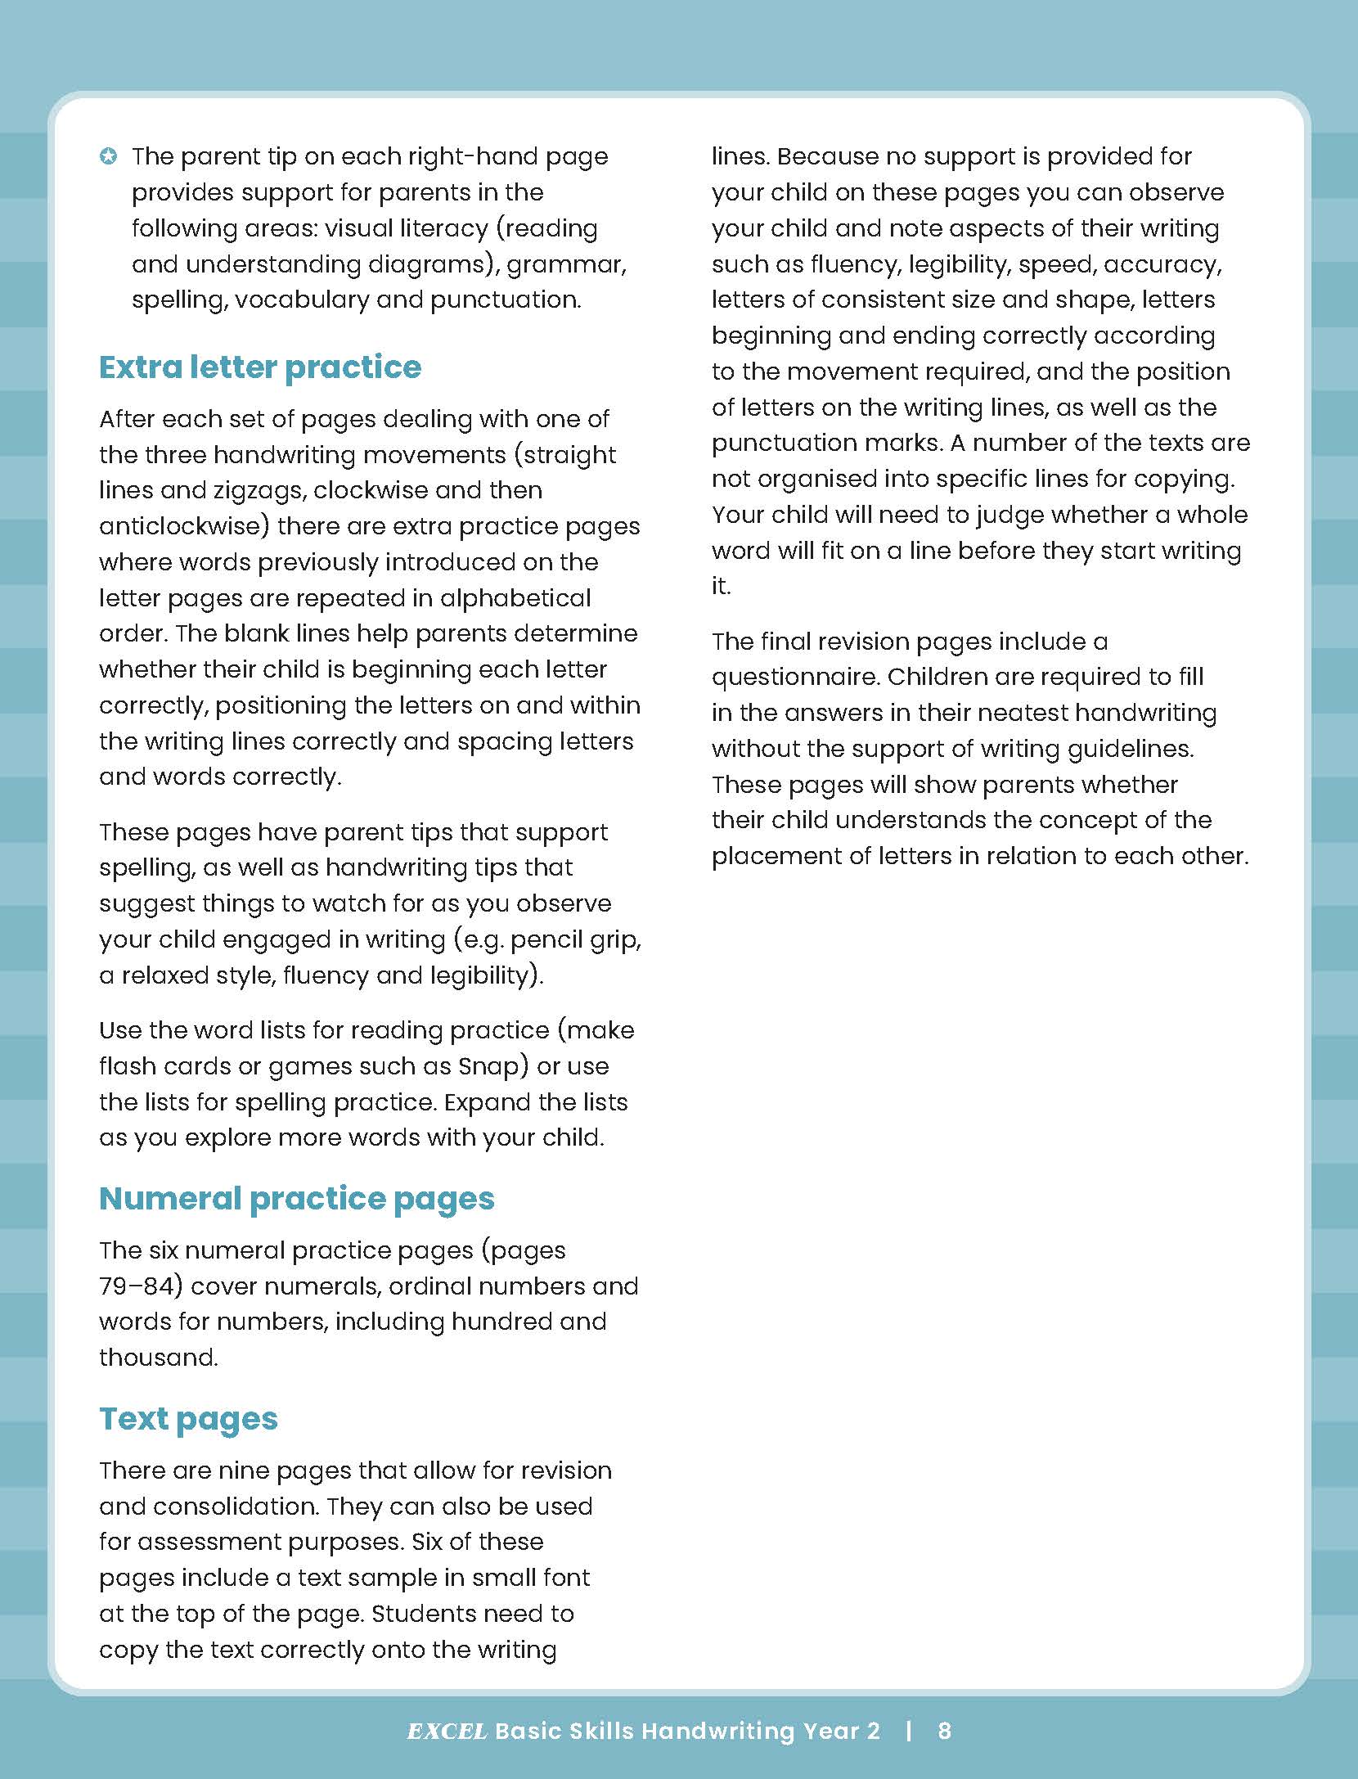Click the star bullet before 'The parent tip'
108,155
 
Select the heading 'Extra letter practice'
260,367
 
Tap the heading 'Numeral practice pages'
296,1198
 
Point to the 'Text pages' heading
188,1418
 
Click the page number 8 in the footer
944,1731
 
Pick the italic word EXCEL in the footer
447,1732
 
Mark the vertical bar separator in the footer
909,1731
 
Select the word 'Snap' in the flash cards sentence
488,1066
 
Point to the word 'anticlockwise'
184,526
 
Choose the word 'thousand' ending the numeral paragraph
158,1358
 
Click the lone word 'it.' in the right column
721,586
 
